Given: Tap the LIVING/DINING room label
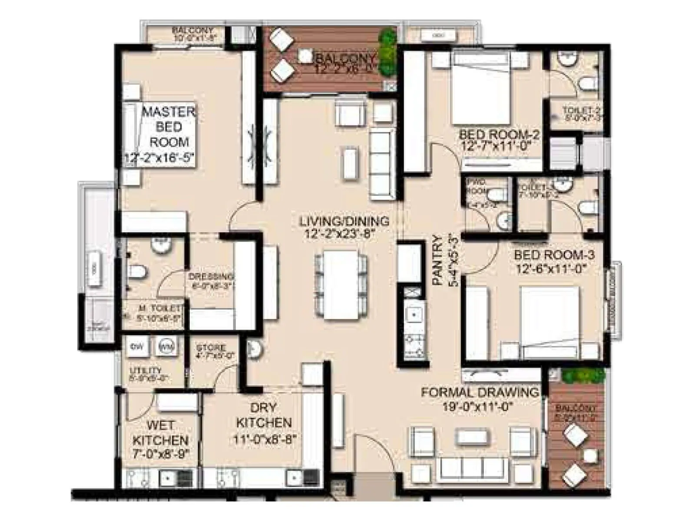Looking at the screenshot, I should (344, 221).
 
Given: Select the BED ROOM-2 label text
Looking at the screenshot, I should (500, 135).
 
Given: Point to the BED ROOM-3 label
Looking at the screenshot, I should (554, 255).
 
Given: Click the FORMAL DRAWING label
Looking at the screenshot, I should (480, 392).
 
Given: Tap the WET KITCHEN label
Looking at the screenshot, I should (160, 432).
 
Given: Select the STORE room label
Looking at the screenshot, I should (211, 348).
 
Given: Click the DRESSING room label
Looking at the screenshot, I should (211, 277).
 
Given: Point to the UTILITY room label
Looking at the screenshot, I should (146, 370).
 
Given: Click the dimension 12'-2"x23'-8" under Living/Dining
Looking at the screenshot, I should (343, 234).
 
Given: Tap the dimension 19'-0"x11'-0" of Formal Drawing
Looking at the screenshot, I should (479, 406).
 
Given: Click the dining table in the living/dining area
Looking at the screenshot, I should (341, 284).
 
